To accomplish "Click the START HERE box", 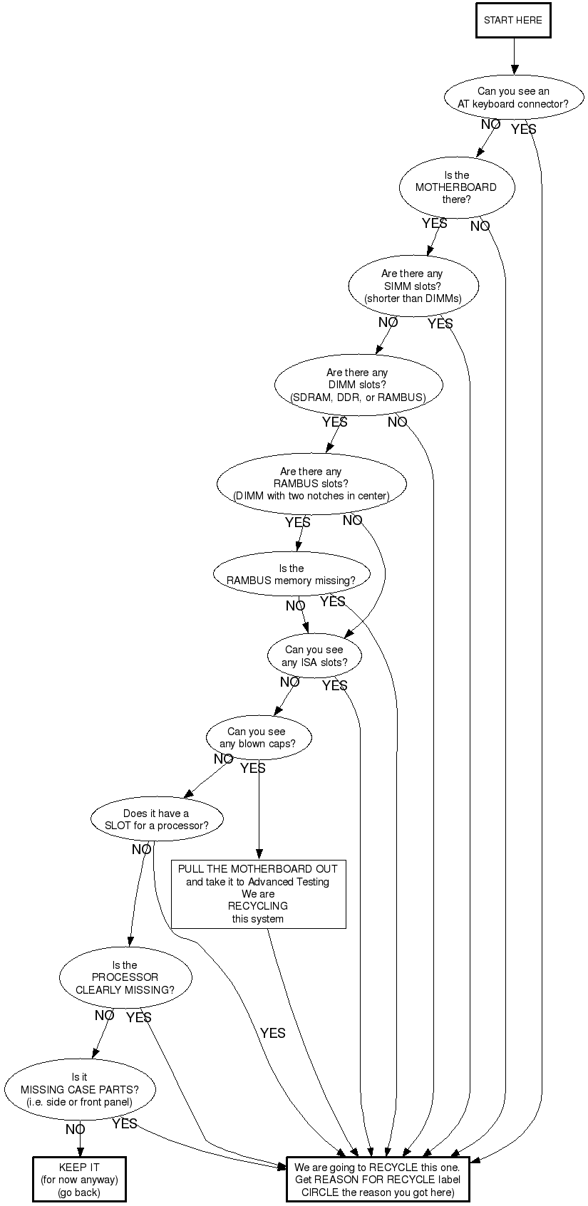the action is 513,21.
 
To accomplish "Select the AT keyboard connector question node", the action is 514,98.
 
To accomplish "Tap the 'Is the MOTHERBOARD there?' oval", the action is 457,187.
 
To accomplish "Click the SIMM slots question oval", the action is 413,286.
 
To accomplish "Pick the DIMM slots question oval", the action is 359,385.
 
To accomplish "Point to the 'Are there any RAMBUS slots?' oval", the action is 311,484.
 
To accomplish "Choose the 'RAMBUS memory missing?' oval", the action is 292,574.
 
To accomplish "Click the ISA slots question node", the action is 314,656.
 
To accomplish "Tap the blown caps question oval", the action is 259,737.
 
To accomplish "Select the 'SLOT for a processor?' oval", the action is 157,819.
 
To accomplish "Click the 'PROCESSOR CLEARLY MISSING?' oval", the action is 125,977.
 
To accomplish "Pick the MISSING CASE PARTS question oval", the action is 80,1089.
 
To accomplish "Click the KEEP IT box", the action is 79,1179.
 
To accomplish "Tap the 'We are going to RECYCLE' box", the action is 378,1179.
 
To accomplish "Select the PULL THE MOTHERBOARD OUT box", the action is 259,894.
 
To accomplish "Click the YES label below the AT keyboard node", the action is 523,130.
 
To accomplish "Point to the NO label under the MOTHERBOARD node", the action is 480,226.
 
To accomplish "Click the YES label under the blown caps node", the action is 252,769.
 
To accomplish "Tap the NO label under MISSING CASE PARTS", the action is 76,1130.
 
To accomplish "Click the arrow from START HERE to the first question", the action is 514,56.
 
